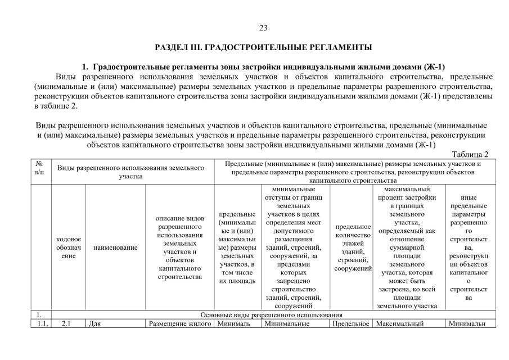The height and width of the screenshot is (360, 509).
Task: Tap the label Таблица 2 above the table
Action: [470, 154]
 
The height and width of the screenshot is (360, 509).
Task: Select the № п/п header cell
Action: [39, 168]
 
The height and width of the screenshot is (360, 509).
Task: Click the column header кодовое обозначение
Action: [68, 247]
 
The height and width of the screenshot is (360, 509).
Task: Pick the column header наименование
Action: [115, 247]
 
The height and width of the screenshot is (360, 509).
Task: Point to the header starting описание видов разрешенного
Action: [179, 247]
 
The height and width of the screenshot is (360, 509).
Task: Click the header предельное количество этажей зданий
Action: [352, 247]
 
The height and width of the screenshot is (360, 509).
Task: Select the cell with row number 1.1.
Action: [39, 323]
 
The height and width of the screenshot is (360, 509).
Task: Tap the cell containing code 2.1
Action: [68, 323]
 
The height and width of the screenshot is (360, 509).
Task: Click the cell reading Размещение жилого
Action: [179, 323]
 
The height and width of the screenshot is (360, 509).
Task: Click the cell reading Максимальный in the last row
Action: [402, 323]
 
